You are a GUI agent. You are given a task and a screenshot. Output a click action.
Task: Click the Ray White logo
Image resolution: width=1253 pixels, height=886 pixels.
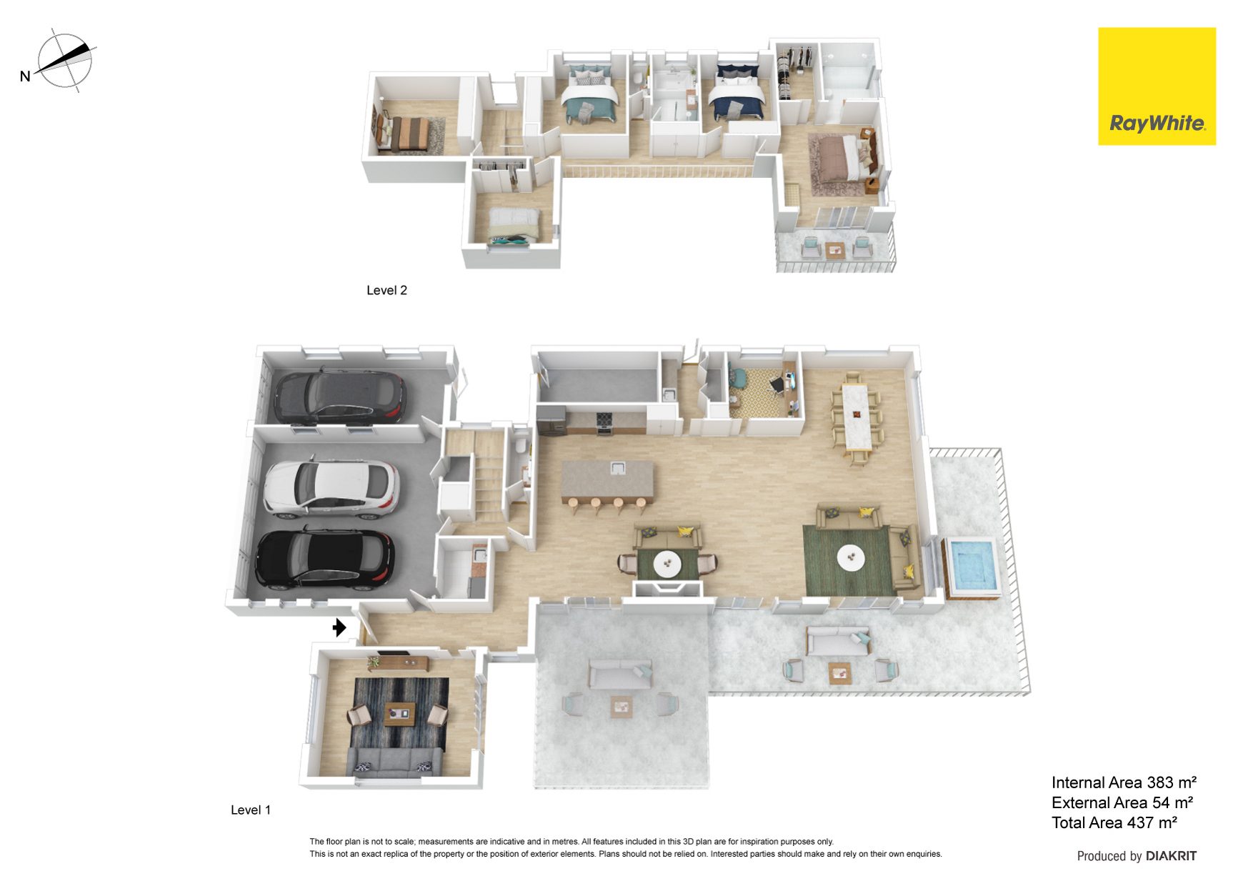coord(1157,86)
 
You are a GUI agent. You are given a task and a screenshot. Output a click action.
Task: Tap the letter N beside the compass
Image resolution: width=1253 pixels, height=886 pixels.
coord(25,76)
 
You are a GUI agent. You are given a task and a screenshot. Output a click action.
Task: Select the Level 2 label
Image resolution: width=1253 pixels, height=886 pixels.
coord(386,290)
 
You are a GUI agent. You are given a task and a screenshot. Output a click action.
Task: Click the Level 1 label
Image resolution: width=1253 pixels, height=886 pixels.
coord(251,810)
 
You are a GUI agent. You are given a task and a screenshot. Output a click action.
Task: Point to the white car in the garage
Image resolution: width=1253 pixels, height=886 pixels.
coord(331,489)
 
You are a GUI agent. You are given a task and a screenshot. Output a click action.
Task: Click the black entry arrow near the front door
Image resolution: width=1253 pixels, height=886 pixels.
coord(339,627)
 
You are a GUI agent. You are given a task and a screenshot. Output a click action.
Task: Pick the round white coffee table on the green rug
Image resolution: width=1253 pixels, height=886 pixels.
coord(851,558)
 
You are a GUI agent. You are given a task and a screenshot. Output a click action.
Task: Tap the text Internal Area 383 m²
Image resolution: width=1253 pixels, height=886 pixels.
coord(1124,782)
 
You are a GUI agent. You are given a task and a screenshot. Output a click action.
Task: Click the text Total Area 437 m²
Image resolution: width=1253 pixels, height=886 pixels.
coord(1114,822)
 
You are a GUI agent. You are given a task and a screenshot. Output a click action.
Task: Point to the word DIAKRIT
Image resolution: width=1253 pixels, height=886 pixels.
coord(1171,855)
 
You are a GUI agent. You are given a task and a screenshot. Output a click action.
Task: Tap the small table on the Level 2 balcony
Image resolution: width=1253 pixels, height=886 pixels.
coord(835,250)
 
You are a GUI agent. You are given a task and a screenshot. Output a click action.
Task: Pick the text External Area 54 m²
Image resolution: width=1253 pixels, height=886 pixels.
coord(1122,802)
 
